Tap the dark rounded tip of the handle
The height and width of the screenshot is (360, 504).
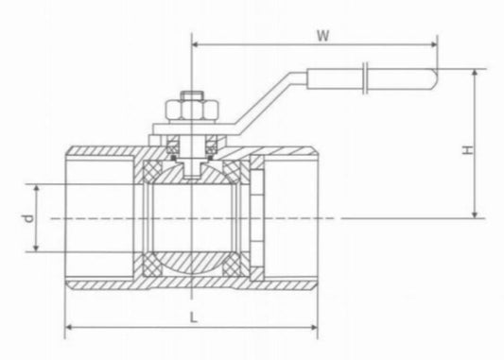point(432,80)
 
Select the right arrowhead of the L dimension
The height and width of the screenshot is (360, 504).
point(318,331)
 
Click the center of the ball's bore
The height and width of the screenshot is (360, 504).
point(192,218)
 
